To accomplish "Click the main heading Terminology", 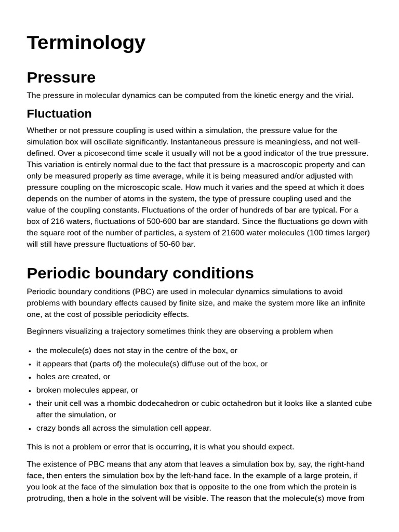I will (86, 43).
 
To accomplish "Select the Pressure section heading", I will (61, 77).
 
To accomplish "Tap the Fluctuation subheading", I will (59, 114).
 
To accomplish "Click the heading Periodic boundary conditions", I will (140, 273).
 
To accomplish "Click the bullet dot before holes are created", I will (30, 377).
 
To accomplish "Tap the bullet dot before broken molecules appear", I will (30, 390).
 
